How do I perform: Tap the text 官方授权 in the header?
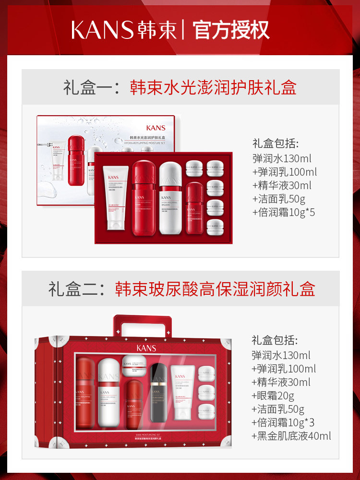(231, 30)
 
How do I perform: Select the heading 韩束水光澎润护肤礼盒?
(213, 87)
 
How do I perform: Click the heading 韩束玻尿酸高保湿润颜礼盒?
(215, 289)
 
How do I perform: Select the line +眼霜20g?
(273, 396)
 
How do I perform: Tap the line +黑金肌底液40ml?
(291, 436)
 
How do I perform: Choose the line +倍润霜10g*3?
(283, 422)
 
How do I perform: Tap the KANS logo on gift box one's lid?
(156, 128)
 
